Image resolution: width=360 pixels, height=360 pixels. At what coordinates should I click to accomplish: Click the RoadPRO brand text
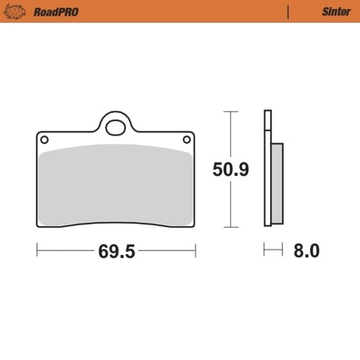[x=55, y=12]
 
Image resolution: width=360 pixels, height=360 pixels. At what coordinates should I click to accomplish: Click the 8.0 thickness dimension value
[x=305, y=251]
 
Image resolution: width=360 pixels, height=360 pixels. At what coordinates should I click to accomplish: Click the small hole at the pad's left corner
[x=44, y=139]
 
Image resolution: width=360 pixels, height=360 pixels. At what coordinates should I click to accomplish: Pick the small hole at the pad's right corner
[x=187, y=139]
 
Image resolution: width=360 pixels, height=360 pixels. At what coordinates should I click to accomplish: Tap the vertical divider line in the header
[x=289, y=12]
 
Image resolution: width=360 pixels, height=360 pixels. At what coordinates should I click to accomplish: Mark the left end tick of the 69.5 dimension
[x=37, y=251]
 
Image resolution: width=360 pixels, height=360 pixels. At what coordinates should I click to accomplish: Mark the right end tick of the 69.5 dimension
[x=195, y=251]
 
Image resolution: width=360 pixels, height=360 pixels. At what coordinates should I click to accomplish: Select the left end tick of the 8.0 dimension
[x=264, y=251]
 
